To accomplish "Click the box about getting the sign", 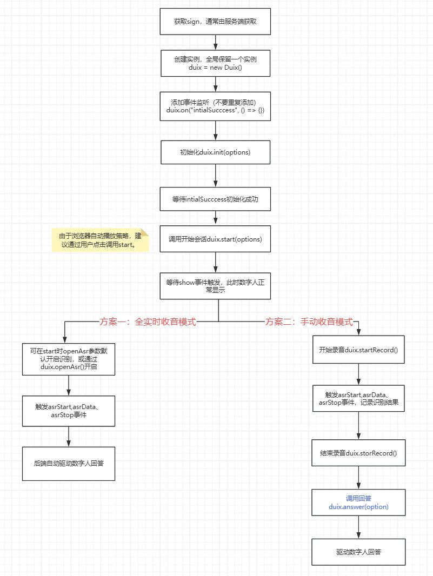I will tap(215, 22).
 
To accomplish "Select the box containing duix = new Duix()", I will tap(215, 63).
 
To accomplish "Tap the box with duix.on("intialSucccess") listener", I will tap(215, 106).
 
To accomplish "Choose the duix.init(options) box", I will tap(215, 152).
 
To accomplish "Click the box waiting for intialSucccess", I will tap(215, 199).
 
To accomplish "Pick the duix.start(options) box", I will tap(215, 239).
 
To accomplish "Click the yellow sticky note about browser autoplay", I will tap(99, 240).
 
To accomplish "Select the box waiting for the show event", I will tap(215, 285).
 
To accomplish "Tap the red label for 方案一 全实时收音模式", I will tap(148, 322).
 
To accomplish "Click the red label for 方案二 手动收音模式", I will tap(309, 322).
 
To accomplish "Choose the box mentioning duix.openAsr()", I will tap(69, 359).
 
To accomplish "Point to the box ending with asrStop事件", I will tap(69, 411).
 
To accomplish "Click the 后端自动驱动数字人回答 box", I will tap(69, 463).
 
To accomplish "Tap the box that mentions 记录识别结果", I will tap(358, 398).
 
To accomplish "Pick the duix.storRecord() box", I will tap(358, 453).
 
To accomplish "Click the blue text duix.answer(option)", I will tap(358, 507).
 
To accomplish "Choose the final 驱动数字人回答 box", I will tap(358, 552).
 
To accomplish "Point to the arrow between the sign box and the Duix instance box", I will tap(216, 42).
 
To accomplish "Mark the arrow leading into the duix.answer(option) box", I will tap(359, 478).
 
